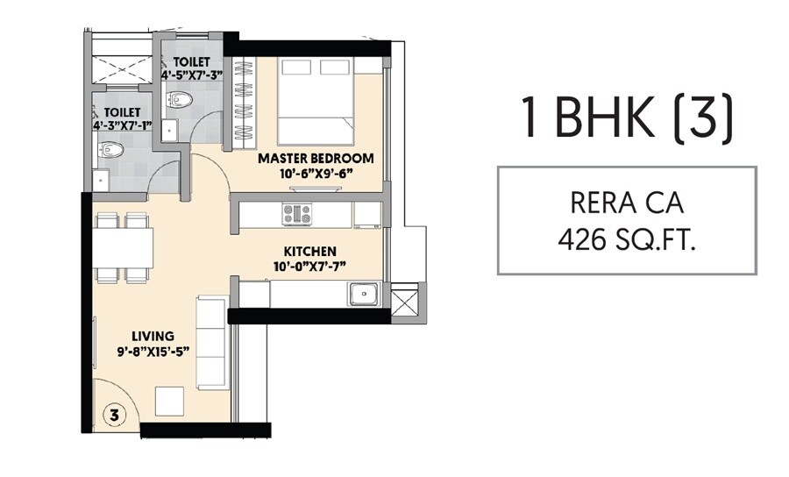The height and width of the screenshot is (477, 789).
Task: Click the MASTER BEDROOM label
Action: click(x=316, y=159)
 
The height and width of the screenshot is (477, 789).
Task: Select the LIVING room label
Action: click(x=153, y=336)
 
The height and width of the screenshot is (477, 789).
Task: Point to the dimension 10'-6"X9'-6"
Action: click(x=316, y=173)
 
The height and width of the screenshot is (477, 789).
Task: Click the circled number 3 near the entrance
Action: click(x=115, y=412)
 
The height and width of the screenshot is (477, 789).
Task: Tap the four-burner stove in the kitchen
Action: click(x=295, y=213)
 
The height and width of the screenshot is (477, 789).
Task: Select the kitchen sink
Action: click(x=362, y=294)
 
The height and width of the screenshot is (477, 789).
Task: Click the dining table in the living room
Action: click(x=124, y=246)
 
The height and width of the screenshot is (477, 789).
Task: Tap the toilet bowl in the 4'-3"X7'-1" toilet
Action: click(x=117, y=151)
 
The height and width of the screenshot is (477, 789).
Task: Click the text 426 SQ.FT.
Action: click(x=627, y=239)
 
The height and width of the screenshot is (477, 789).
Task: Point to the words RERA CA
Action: click(x=626, y=204)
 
